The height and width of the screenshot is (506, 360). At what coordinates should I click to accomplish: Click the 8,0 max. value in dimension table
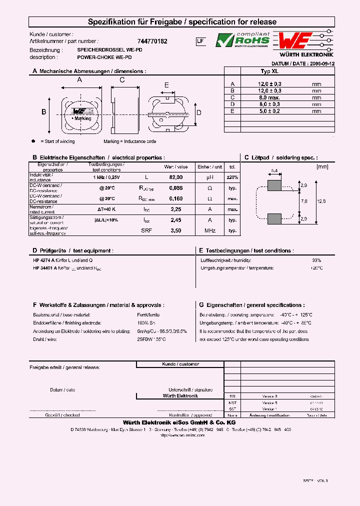pos(270,97)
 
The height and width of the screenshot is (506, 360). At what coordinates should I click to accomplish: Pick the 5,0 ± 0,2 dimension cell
pos(270,111)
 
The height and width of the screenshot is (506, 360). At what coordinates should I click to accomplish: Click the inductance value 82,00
pos(176,177)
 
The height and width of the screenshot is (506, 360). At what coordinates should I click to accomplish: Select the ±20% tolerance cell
pos(232,177)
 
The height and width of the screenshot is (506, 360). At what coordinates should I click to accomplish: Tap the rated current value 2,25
pos(176,209)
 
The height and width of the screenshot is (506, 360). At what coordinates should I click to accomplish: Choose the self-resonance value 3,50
pos(176,230)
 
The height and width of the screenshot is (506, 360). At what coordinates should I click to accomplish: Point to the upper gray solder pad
pos(274,185)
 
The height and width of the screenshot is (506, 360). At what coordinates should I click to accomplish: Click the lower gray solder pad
pos(274,218)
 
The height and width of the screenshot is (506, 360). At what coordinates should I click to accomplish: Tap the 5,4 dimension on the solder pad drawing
pos(274,171)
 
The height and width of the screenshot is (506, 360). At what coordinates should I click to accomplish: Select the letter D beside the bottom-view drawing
pos(198,112)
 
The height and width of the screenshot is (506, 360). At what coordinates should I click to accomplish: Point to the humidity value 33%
pos(316,260)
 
